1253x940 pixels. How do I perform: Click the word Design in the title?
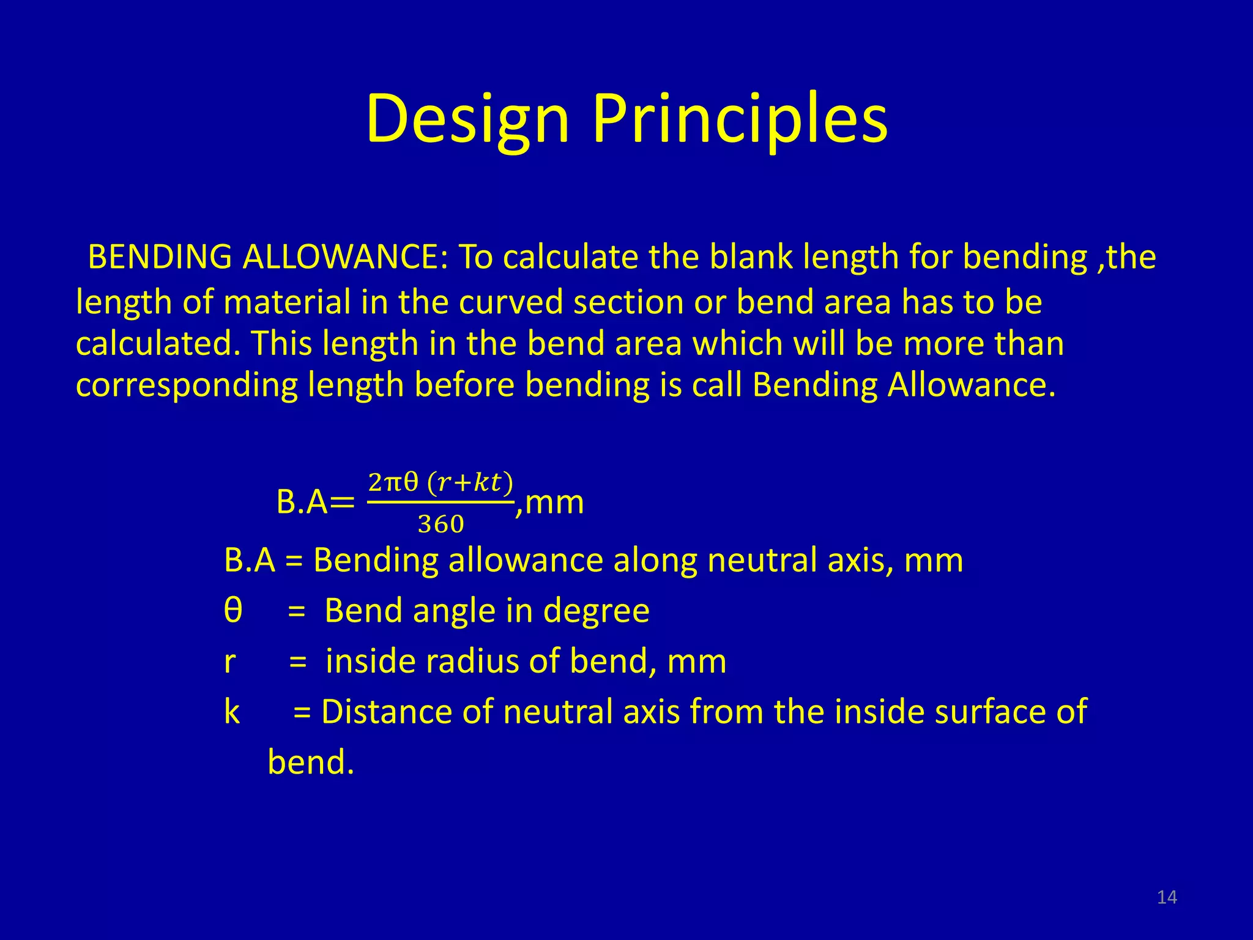tap(467, 119)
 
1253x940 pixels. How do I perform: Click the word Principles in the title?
tap(740, 119)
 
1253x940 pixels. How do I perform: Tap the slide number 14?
tap(1167, 897)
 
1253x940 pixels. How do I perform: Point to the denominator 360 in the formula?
tap(441, 524)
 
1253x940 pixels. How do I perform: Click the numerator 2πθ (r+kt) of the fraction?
tap(440, 483)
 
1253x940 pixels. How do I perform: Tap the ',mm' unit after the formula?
tap(549, 503)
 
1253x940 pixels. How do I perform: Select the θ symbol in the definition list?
tap(233, 611)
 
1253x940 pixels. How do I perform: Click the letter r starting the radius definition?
tap(229, 662)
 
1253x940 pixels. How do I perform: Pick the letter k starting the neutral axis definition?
tap(232, 712)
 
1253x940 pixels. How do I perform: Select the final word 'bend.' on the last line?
tap(311, 763)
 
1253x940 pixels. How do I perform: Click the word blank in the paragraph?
tap(751, 257)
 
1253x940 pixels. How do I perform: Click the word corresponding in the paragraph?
tap(186, 386)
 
